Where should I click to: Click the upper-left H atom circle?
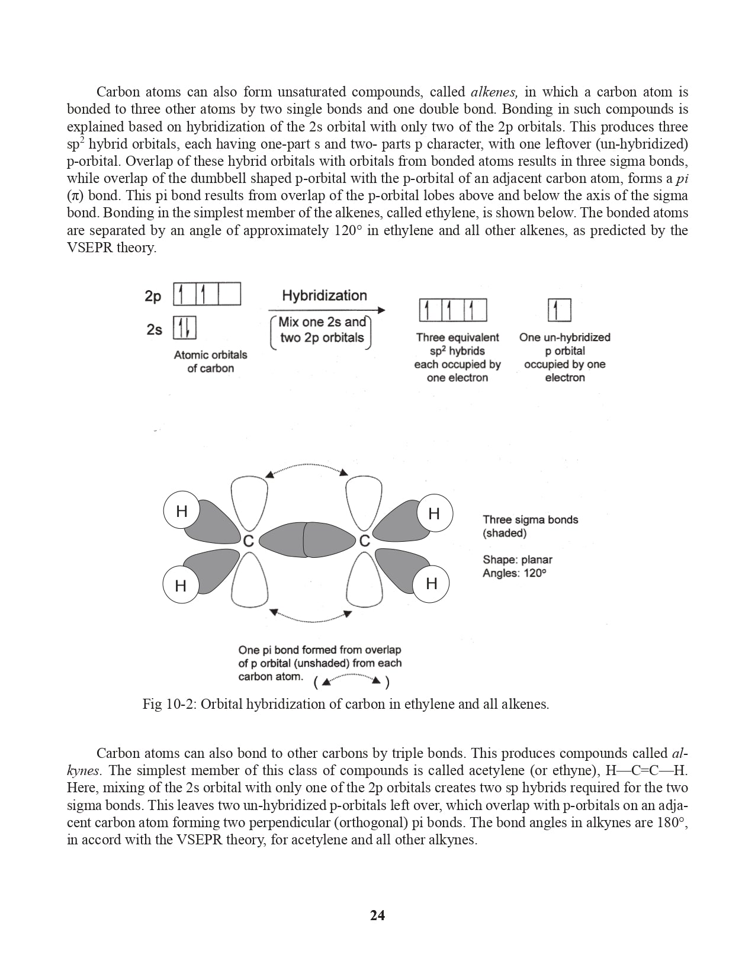click(182, 510)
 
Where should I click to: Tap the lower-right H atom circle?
click(431, 583)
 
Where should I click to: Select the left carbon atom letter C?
click(249, 541)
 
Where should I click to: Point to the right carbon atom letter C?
click(364, 541)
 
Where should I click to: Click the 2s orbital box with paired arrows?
click(184, 328)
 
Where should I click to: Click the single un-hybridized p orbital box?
click(559, 310)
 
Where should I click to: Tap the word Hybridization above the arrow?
click(324, 295)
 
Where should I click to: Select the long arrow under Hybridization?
click(326, 310)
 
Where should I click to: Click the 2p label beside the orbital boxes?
click(153, 296)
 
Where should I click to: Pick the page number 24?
click(377, 915)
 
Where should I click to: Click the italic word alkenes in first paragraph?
click(494, 92)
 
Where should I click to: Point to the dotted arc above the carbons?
click(307, 468)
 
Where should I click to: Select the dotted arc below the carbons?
click(310, 618)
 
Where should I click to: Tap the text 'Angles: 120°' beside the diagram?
click(514, 573)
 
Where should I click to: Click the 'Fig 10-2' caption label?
click(168, 705)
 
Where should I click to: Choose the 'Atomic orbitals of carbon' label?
click(210, 361)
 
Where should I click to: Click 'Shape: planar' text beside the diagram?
click(517, 560)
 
